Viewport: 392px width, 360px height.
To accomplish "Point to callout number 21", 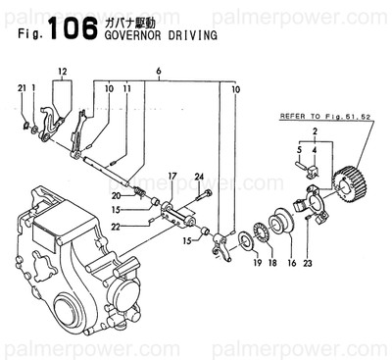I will pos(23,89).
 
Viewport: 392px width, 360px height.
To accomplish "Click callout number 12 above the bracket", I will pos(62,72).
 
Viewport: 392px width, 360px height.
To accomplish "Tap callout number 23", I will pos(308,264).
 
